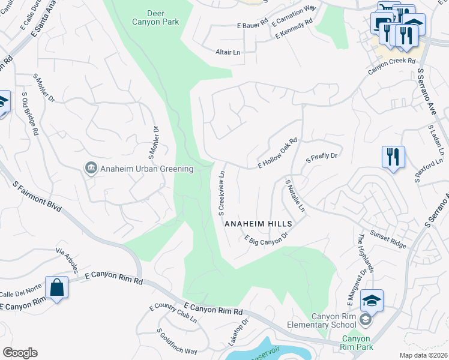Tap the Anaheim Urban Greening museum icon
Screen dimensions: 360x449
click(x=91, y=169)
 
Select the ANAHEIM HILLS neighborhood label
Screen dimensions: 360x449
click(x=258, y=223)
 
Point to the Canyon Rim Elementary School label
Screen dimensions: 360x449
click(x=333, y=321)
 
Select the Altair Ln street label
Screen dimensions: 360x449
click(x=228, y=52)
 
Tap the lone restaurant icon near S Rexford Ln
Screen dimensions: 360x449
click(x=393, y=158)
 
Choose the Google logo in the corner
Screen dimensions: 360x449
click(x=20, y=352)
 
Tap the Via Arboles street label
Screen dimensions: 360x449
click(x=68, y=259)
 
